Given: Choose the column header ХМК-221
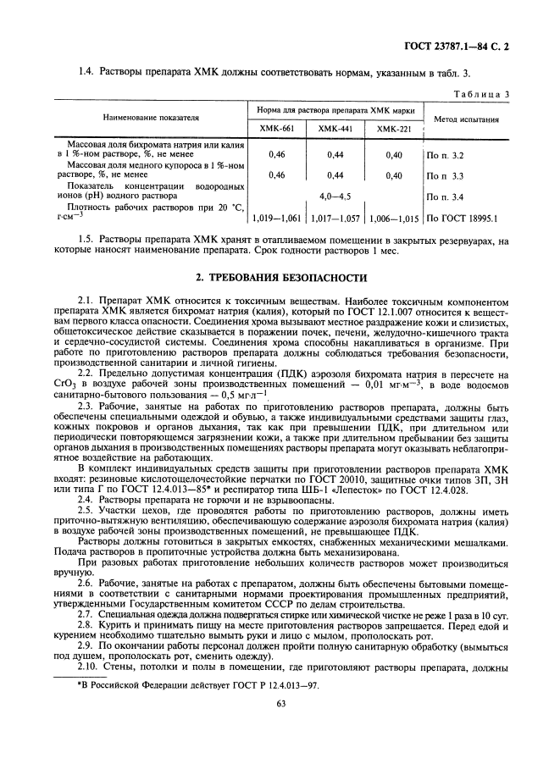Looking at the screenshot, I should (393, 129).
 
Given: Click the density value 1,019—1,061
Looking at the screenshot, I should (276, 218).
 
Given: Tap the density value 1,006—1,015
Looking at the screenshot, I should (393, 218).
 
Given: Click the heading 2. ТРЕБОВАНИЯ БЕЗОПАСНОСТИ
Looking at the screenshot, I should (280, 277).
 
